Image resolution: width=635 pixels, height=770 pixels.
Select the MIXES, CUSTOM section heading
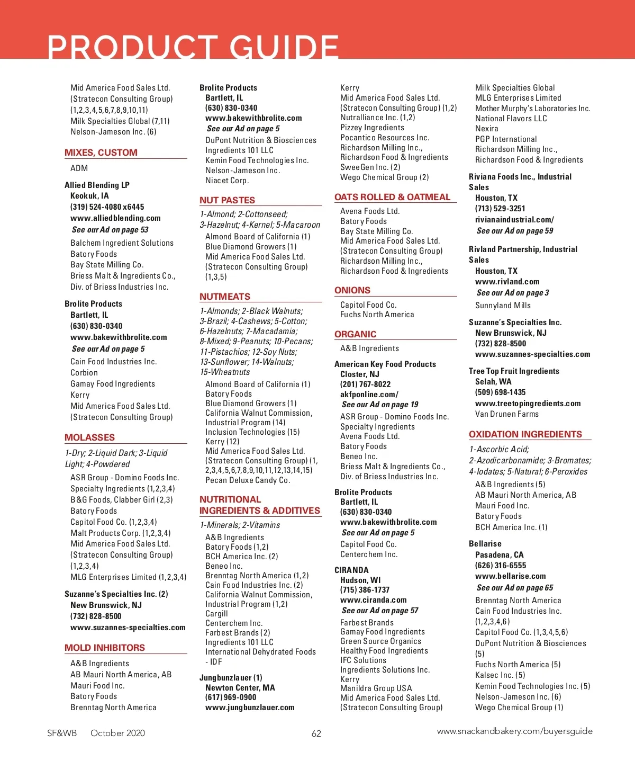[x=101, y=153]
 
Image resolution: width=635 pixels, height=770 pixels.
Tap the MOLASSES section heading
[x=89, y=437]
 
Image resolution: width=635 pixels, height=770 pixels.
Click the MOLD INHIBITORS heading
[x=105, y=648]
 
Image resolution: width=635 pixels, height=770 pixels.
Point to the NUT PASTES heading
[x=227, y=200]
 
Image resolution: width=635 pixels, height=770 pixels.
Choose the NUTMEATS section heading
[x=225, y=297]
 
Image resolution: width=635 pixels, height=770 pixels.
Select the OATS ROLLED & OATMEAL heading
[x=392, y=197]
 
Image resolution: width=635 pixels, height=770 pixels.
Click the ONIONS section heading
[x=352, y=290]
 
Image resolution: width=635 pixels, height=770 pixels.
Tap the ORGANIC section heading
[x=355, y=334]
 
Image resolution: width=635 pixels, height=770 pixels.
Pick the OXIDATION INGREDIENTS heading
[x=525, y=434]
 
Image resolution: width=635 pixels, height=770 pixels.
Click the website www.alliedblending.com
[x=115, y=218]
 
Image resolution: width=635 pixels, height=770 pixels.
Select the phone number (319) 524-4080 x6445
[x=107, y=207]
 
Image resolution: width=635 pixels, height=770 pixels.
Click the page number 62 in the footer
[x=316, y=733]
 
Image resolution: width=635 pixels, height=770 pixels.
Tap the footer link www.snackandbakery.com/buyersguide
[x=514, y=731]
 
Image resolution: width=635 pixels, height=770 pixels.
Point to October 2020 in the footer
[x=117, y=733]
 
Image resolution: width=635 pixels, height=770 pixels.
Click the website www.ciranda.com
[x=373, y=600]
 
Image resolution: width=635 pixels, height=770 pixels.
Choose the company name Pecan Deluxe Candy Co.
[x=248, y=480]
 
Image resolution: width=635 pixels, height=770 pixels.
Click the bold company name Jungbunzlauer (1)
[x=231, y=678]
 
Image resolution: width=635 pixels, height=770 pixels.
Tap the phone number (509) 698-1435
[x=500, y=392]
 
